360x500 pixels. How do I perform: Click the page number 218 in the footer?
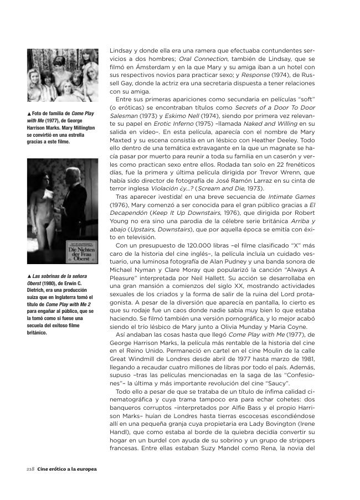30,469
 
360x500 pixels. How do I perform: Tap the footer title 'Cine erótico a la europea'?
67,469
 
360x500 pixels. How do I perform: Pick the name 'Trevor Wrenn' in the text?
284,172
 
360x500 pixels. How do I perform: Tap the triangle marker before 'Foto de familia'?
29,114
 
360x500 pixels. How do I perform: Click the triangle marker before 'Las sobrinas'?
29,276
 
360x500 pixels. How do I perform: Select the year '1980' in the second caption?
52,283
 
